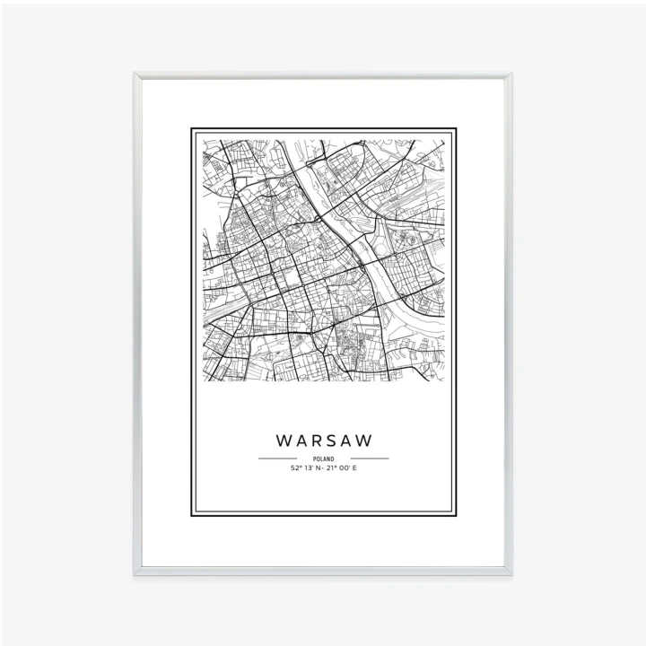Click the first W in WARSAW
click(x=284, y=441)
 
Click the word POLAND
click(x=323, y=458)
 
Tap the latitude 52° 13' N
click(x=306, y=467)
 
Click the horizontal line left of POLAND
click(x=277, y=458)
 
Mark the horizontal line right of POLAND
click(x=370, y=458)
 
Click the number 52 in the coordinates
click(x=293, y=467)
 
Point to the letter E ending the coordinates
click(x=354, y=467)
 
